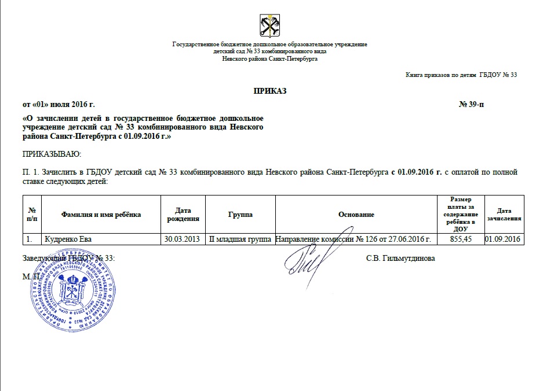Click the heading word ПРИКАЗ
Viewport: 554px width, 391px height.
tap(269, 91)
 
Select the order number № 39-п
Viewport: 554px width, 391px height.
tap(472, 104)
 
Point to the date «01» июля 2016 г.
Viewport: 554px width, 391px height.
tap(58, 104)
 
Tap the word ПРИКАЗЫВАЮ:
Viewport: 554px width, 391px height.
tap(52, 154)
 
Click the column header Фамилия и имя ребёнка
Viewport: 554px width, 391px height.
tap(101, 215)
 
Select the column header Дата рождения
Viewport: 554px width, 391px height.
tap(183, 215)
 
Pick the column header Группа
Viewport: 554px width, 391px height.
tap(240, 215)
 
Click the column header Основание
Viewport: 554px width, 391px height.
tap(356, 215)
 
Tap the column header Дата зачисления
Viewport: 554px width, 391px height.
tap(504, 215)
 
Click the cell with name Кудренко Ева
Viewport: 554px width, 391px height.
tap(68, 239)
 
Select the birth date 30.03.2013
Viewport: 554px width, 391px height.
tap(183, 239)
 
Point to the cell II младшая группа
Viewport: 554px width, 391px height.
tap(240, 239)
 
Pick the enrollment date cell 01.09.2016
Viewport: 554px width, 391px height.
tap(504, 239)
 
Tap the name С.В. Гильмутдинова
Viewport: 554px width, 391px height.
tap(400, 258)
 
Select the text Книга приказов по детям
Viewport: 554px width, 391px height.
tap(441, 75)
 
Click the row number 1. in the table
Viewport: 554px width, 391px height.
tap(28, 239)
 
